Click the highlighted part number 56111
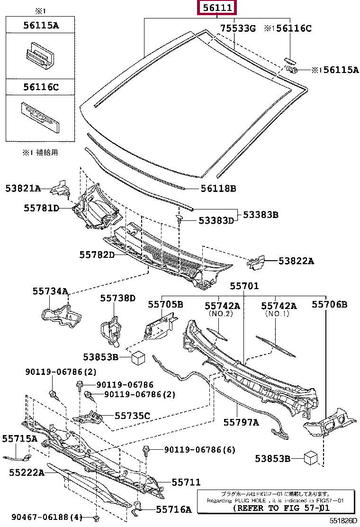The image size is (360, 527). pos(217,7)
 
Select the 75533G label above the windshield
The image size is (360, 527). pos(238,28)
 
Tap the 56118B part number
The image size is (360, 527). pos(218,189)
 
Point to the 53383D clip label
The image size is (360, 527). pos(216,220)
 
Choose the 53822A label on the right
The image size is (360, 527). pos(296,261)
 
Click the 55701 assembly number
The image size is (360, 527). pos(244,286)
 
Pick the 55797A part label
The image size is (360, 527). pos(241,422)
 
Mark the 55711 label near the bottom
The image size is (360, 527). pos(186,482)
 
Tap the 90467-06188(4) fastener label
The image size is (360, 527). pos(47,517)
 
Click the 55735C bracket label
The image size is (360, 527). pos(132,416)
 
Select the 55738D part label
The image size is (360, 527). pos(117,298)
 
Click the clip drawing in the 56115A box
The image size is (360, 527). pos(40,55)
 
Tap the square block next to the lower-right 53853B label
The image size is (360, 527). pos(310,458)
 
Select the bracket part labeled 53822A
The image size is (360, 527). pos(256,263)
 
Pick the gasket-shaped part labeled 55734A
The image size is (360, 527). pos(61,315)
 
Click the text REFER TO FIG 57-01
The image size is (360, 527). pos(281,508)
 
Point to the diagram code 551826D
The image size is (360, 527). pos(343,521)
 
